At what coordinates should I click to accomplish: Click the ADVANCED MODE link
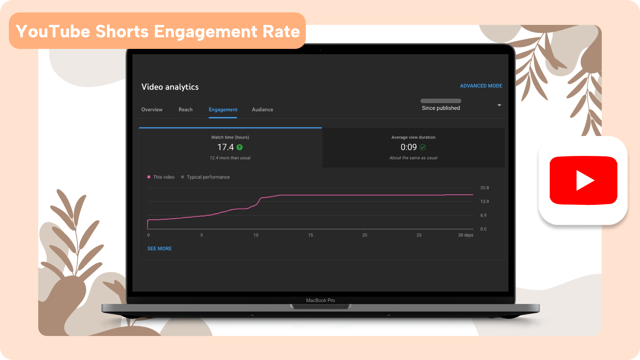pos(481,86)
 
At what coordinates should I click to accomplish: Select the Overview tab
pos(152,109)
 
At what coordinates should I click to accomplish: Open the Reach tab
pos(185,109)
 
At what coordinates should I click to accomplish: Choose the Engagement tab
pos(223,109)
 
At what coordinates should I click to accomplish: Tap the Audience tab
pos(262,109)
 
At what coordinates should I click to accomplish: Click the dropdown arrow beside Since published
pos(499,105)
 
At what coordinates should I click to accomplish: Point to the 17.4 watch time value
pos(225,147)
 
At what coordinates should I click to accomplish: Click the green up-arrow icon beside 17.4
pos(240,147)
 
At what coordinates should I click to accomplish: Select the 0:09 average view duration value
pos(409,147)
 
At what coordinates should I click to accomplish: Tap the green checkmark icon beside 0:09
pos(423,147)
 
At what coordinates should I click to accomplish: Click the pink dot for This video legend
pos(149,177)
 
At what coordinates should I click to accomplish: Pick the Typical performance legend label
pos(208,177)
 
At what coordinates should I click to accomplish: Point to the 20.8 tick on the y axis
pos(484,188)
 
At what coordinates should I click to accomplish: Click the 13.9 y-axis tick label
pos(484,202)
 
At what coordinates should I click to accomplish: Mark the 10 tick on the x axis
pos(256,235)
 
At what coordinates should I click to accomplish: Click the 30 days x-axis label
pos(466,235)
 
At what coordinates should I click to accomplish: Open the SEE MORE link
pos(160,248)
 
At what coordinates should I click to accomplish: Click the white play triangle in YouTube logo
pos(584,180)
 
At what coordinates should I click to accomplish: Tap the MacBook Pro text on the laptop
pos(320,300)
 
